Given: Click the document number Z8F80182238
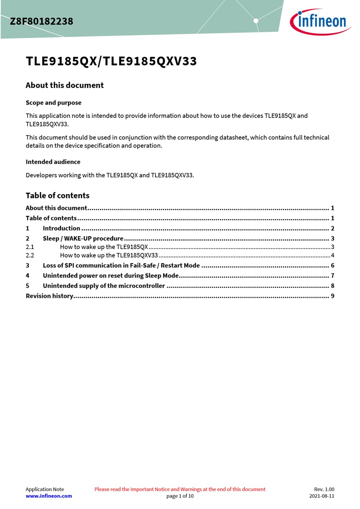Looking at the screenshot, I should pyautogui.click(x=42, y=21).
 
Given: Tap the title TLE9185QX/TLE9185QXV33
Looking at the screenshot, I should pyautogui.click(x=111, y=62).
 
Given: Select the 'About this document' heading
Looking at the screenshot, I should pyautogui.click(x=64, y=85).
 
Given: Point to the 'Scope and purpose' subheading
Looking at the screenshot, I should pyautogui.click(x=53, y=103).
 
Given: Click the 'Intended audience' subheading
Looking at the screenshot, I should pyautogui.click(x=53, y=162).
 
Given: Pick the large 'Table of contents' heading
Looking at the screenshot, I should pyautogui.click(x=57, y=195).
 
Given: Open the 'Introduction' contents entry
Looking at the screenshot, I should pyautogui.click(x=62, y=228).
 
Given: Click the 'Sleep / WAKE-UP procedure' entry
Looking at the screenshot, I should pyautogui.click(x=83, y=239).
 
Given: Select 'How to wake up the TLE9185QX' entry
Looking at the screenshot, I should pyautogui.click(x=104, y=247).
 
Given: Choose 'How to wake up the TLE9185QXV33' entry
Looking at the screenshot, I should pyautogui.click(x=109, y=255).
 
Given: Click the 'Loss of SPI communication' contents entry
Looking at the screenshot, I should pyautogui.click(x=121, y=266).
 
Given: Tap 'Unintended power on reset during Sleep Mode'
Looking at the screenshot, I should pyautogui.click(x=111, y=276).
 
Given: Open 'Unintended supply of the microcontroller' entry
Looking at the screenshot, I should pyautogui.click(x=104, y=286).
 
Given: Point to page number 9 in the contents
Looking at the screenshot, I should pyautogui.click(x=332, y=296).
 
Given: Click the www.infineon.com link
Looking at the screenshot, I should pyautogui.click(x=49, y=496).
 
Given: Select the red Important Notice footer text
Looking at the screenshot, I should pyautogui.click(x=180, y=489).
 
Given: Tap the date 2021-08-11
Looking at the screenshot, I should pyautogui.click(x=322, y=496).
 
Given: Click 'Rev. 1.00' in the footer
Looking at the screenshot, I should pyautogui.click(x=324, y=489).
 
